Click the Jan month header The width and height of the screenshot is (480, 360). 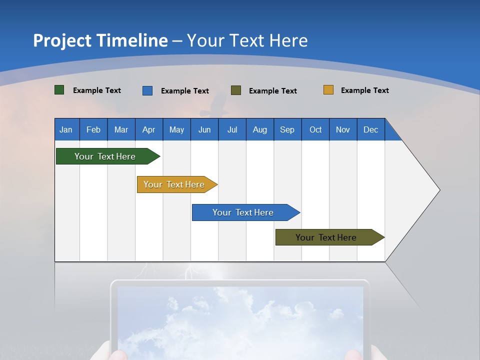coord(66,129)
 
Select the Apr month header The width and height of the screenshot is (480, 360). coord(149,129)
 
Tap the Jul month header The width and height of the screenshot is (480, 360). coord(232,129)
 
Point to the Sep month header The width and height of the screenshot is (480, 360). coord(287,129)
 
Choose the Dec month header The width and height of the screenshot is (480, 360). coord(371,129)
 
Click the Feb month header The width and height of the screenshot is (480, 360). coord(93,129)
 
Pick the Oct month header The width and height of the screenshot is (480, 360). coord(315,129)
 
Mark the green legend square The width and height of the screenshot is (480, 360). coord(59,90)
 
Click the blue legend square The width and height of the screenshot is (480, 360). coord(147,90)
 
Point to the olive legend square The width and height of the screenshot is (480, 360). coord(236,90)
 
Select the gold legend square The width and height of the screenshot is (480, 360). coord(328,90)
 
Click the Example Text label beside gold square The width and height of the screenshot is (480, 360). coord(364,90)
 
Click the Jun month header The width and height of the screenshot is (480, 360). coord(204,129)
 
